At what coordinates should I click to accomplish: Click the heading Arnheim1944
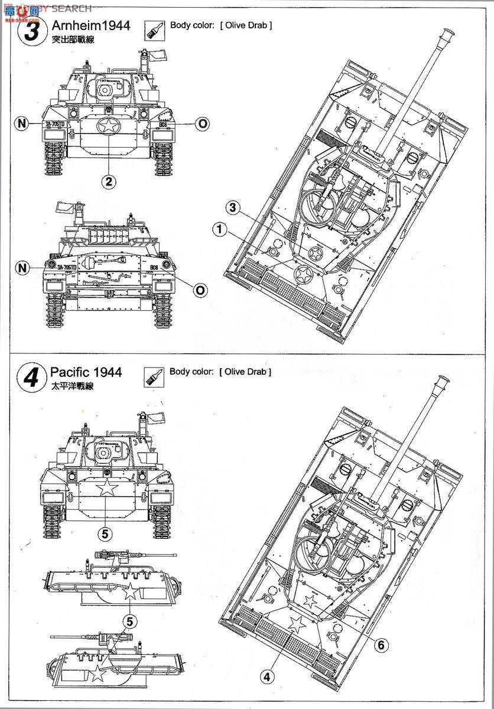coord(90,25)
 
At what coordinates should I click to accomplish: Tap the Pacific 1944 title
coord(86,372)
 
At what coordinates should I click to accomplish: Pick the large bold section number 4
coord(32,376)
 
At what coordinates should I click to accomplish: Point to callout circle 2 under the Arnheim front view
coord(107,181)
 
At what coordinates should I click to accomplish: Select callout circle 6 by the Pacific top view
coord(381,645)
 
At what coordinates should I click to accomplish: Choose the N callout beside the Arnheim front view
coord(22,123)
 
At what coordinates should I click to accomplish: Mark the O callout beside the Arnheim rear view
coord(200,290)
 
